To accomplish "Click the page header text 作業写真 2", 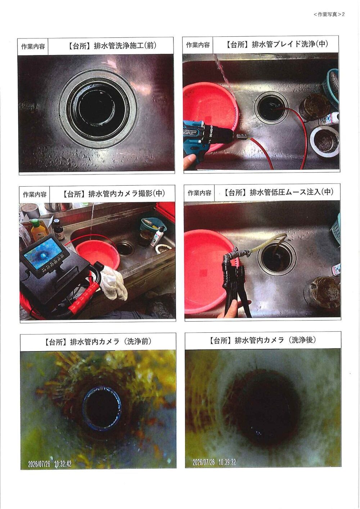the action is click(329, 14).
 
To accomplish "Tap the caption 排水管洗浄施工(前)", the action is click(125, 46).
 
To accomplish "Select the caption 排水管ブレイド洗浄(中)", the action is click(290, 44).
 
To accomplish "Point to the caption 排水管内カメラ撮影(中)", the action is click(126, 194).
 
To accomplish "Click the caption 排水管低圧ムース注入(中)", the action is click(291, 192).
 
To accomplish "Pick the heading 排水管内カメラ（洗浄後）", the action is click(275, 340).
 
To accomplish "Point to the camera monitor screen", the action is click(43, 250).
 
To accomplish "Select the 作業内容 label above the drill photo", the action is click(198, 45).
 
